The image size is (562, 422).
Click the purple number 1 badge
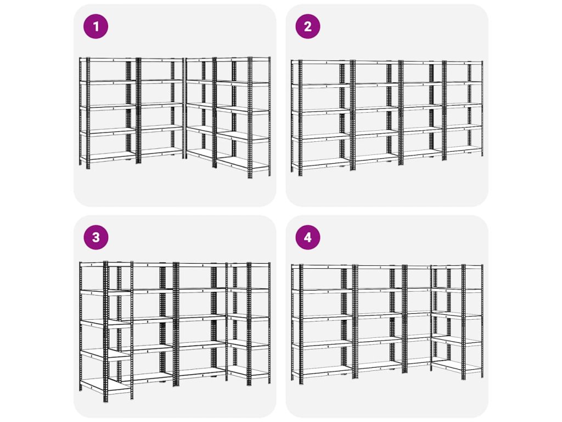click(x=95, y=26)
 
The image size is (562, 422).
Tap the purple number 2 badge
click(x=308, y=26)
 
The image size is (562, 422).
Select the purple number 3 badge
click(x=95, y=237)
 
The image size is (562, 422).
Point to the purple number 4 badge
click(x=308, y=237)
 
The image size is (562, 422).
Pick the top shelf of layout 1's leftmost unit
click(x=108, y=59)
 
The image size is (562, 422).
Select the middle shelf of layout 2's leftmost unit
click(x=321, y=110)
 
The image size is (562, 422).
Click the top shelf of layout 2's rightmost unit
click(x=463, y=63)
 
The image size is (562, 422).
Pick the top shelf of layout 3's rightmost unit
click(x=249, y=264)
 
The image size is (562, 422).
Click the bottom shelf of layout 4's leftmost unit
click(x=323, y=370)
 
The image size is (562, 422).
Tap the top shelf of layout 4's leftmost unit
click(x=323, y=266)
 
